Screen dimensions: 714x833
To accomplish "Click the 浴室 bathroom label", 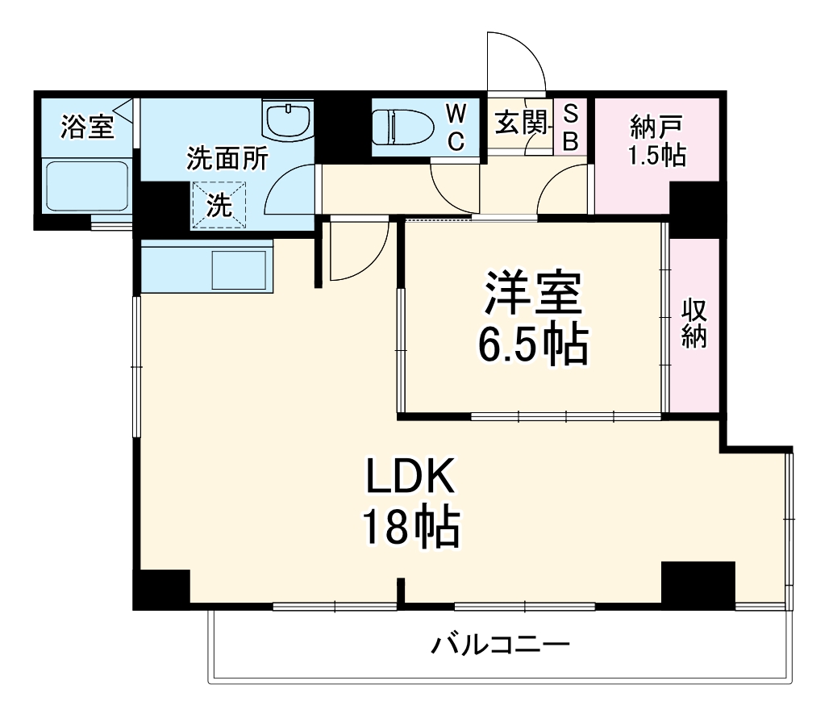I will (88, 127).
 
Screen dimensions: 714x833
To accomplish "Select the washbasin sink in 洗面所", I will (287, 121).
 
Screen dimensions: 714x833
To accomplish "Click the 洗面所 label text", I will (227, 159).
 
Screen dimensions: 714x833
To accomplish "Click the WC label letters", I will (456, 127).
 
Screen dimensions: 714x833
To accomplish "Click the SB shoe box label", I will (570, 127).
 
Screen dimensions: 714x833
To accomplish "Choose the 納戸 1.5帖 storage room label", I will (656, 140).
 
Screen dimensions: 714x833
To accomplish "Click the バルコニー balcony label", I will (500, 645).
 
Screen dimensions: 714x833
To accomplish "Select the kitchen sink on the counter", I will (239, 269).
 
